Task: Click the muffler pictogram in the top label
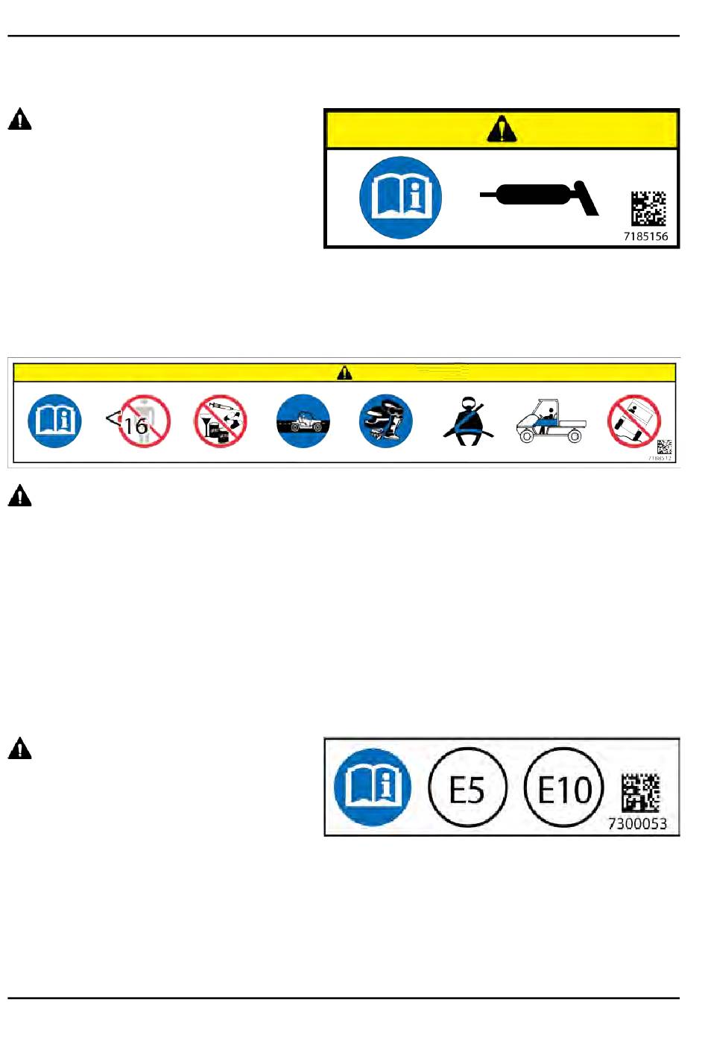540,197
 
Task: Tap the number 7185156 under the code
645,236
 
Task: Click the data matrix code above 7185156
648,208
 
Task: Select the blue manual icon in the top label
401,198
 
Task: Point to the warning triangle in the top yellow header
502,129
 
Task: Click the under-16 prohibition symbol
138,421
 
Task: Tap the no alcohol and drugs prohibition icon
221,421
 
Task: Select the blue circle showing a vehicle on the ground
303,421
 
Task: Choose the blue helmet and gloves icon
386,421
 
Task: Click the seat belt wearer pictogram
469,422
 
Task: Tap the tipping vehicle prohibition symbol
634,421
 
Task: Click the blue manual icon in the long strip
55,421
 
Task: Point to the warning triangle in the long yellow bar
344,372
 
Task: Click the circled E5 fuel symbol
468,787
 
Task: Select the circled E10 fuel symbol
564,787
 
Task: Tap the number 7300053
637,823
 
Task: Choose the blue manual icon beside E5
373,787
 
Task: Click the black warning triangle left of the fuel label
20,748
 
